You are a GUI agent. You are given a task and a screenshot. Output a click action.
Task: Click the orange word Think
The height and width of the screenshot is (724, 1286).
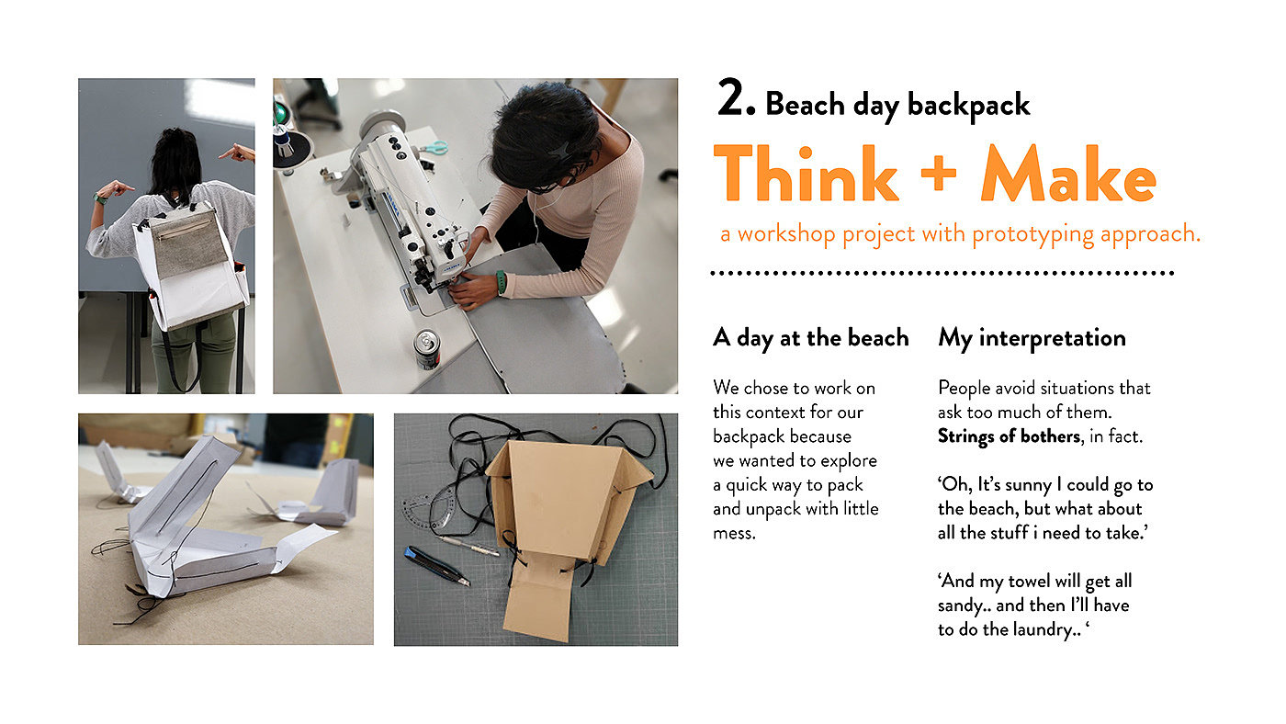(807, 174)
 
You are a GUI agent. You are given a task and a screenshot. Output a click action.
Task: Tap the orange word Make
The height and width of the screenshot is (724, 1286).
(1068, 174)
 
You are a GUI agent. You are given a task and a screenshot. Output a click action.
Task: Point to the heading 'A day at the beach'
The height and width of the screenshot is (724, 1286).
(810, 338)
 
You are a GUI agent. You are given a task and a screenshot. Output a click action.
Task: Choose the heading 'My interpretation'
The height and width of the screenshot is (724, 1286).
(1032, 338)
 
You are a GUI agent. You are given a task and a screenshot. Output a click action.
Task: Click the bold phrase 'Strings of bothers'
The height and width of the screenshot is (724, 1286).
(1009, 437)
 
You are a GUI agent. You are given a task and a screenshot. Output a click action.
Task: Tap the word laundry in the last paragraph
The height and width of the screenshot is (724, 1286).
(1041, 630)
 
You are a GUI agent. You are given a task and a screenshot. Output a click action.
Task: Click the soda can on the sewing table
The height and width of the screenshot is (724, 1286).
(427, 348)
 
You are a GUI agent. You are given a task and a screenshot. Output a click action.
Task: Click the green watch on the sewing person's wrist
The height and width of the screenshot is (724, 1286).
(502, 283)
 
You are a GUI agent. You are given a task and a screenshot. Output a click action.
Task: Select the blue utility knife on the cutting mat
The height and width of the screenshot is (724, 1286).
(437, 566)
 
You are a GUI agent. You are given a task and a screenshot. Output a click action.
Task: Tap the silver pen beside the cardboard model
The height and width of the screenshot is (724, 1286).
(468, 546)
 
